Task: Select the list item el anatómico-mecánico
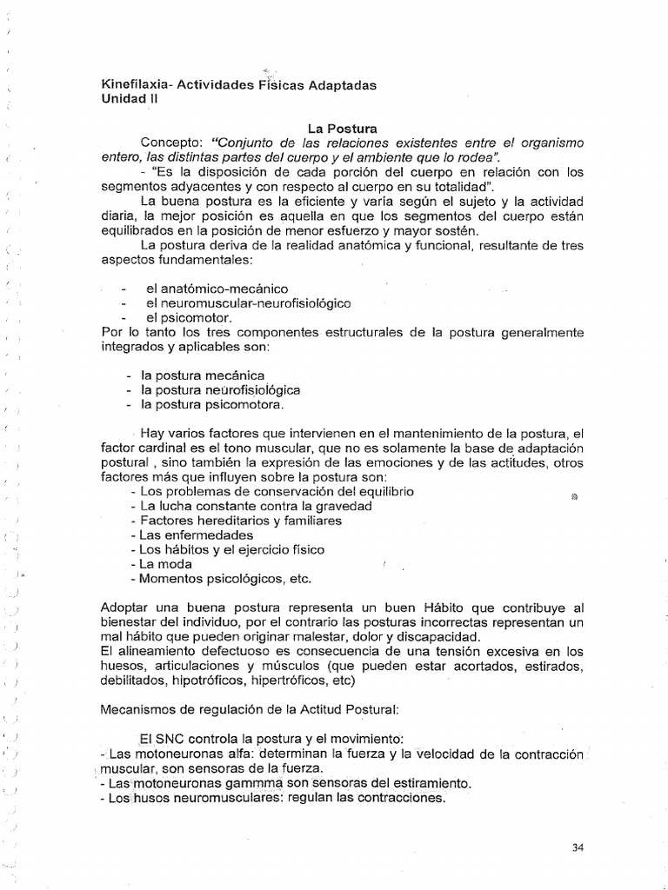[x=217, y=288]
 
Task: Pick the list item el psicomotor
[x=190, y=318]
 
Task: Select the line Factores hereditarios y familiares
[x=235, y=521]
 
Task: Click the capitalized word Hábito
[x=449, y=608]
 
